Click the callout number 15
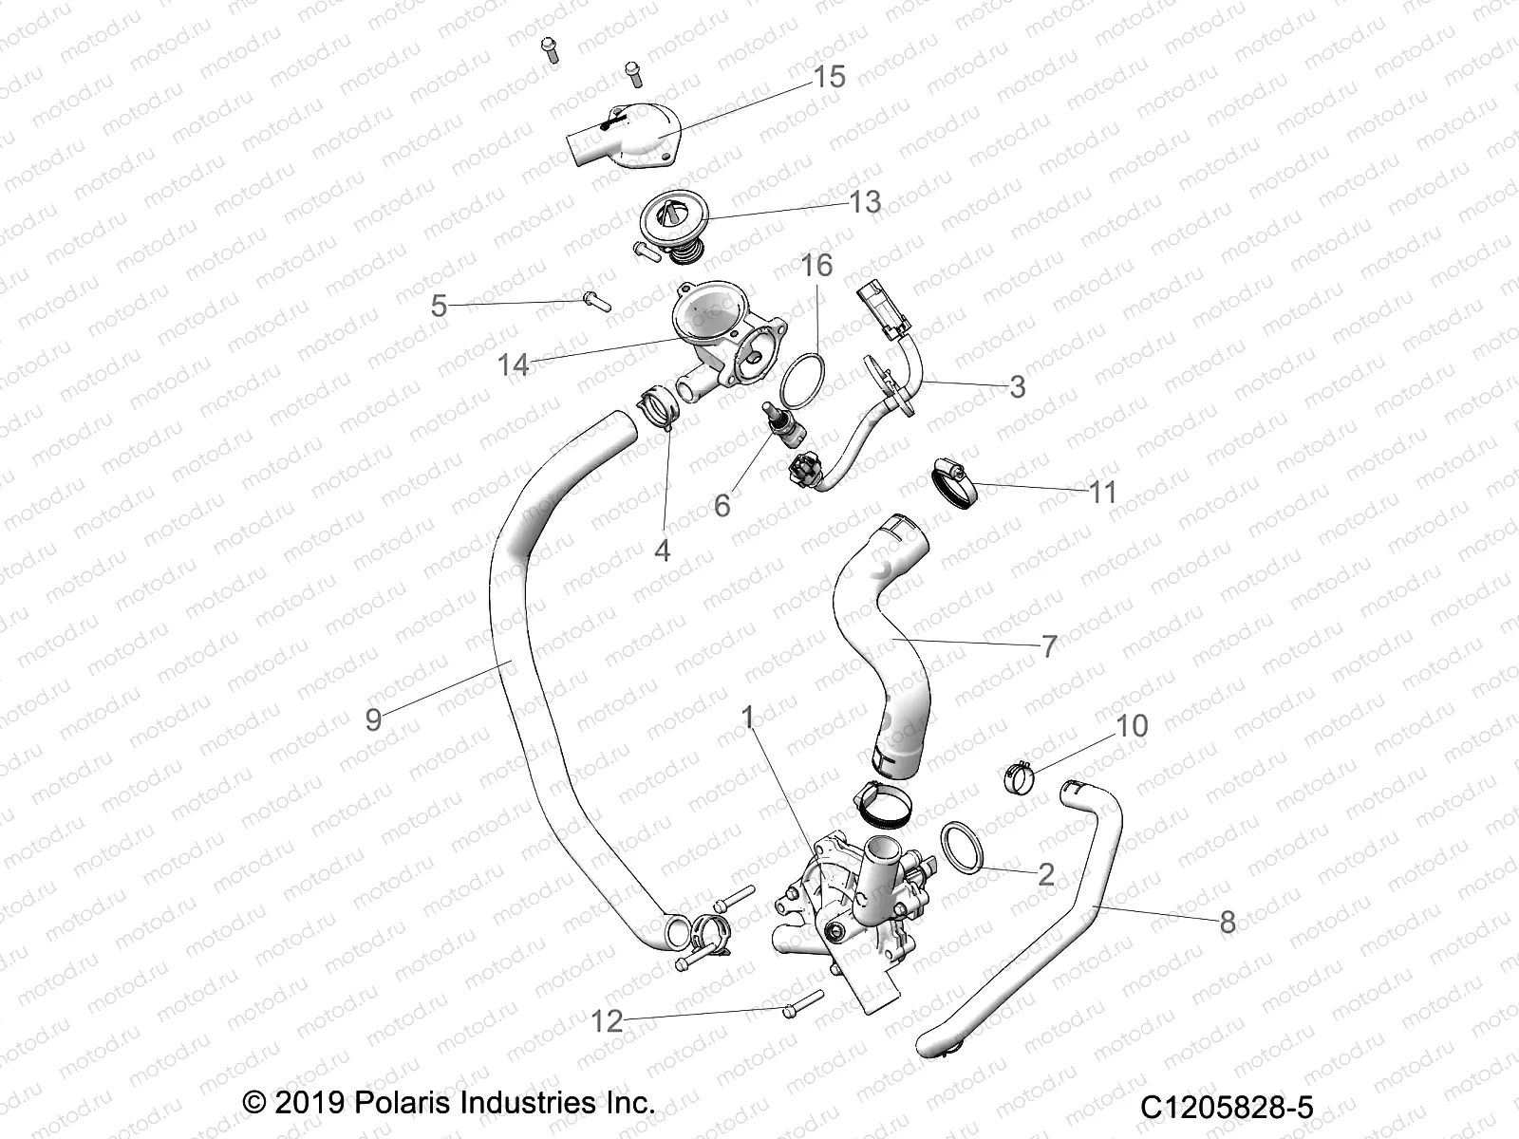pos(829,76)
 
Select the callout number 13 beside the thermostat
pos(865,201)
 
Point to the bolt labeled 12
pos(803,1002)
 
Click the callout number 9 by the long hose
pos(373,719)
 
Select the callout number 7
pos(1049,647)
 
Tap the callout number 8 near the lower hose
pos(1227,921)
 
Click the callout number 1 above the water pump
pos(748,718)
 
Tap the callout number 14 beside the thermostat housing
pos(513,364)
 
